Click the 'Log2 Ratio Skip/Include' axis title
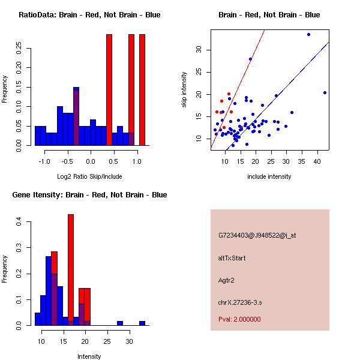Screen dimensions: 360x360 [90, 176]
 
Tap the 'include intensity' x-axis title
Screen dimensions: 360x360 [269, 176]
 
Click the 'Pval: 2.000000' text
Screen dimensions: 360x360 [240, 319]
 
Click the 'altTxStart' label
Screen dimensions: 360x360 [232, 258]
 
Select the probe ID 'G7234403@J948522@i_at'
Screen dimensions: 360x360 [257, 235]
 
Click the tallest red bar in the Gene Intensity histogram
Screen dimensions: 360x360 [71, 270]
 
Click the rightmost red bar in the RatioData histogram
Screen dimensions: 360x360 [142, 90]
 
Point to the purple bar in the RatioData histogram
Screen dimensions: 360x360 [76, 117]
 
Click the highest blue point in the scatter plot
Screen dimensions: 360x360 [308, 34]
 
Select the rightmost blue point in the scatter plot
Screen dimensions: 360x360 [325, 92]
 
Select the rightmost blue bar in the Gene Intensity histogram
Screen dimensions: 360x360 [142, 323]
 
